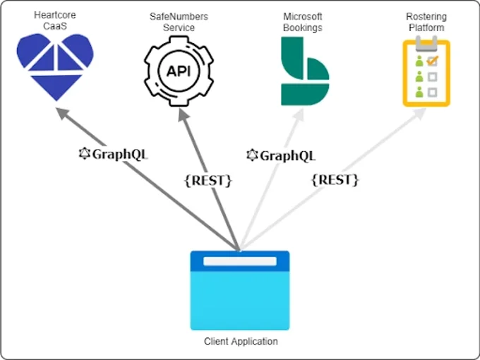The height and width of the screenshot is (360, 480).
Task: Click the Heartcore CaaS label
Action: (55, 20)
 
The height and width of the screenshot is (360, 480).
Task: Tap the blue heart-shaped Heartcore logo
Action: (55, 67)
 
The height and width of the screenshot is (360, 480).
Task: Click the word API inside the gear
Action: (178, 71)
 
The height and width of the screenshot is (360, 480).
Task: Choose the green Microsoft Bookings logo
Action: (303, 71)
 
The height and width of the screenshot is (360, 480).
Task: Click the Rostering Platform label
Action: (426, 20)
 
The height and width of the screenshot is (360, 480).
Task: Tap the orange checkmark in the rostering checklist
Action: (433, 61)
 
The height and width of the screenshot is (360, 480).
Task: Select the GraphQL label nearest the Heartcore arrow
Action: (114, 154)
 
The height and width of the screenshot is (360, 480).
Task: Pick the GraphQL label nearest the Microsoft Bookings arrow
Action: (281, 155)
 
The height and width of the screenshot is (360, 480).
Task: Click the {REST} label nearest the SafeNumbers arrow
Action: (208, 180)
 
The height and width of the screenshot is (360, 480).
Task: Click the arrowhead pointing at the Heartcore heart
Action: (61, 113)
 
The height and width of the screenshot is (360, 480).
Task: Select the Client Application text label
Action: (241, 342)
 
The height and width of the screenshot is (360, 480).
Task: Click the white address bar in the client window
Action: (240, 261)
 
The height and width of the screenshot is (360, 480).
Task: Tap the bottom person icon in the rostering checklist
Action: (419, 92)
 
